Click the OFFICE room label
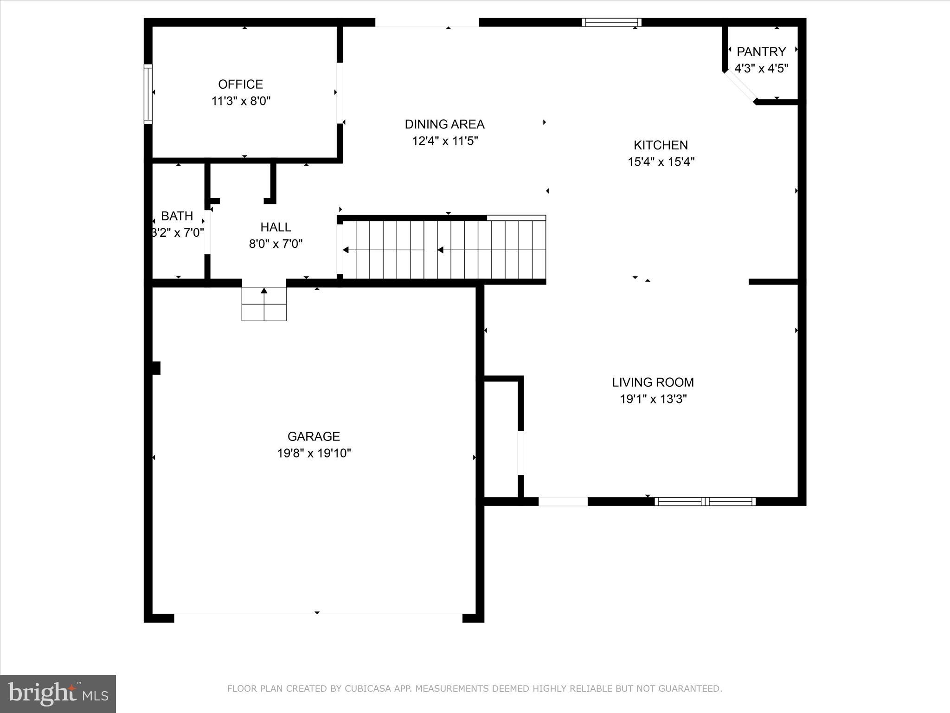tap(240, 84)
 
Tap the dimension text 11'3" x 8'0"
tap(241, 101)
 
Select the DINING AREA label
tap(444, 124)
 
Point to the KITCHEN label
tap(661, 145)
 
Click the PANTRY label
tap(761, 52)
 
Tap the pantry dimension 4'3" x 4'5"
tap(761, 68)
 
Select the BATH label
tap(177, 216)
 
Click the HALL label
tap(276, 227)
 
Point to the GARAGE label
tap(314, 436)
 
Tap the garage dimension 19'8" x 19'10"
tap(314, 453)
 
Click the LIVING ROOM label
tap(653, 382)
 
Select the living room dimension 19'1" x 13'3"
tap(653, 399)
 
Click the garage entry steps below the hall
tap(264, 304)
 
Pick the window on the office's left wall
tap(148, 93)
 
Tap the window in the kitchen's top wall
tap(611, 22)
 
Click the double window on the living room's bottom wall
tap(705, 501)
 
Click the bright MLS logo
tap(58, 693)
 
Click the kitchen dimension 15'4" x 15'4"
tap(661, 162)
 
